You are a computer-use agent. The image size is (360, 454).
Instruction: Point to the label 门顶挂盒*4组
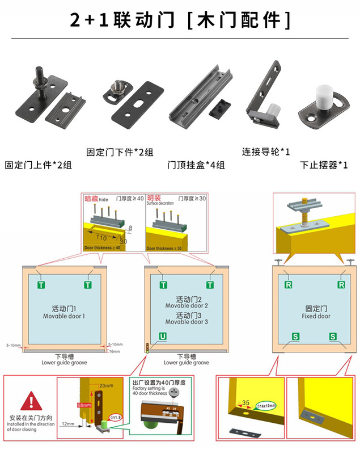click(196, 165)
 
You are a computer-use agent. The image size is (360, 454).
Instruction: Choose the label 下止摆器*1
click(324, 165)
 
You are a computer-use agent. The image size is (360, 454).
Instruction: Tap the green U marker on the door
click(163, 337)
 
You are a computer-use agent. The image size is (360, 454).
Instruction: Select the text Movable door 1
click(63, 316)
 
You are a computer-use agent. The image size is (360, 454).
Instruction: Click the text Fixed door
click(316, 316)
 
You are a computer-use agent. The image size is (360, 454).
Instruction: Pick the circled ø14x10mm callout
click(267, 405)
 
